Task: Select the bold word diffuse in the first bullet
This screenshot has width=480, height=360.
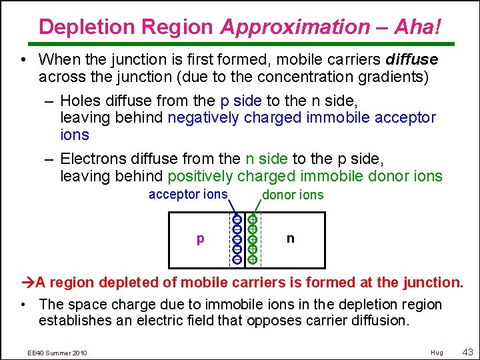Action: tap(411, 59)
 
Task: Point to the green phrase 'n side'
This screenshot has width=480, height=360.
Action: tap(267, 159)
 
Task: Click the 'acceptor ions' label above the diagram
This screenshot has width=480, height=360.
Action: tap(188, 194)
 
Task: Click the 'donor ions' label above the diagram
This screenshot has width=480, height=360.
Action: tap(293, 195)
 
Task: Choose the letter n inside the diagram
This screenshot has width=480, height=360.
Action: tap(290, 238)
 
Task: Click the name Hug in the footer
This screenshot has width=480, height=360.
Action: tap(437, 352)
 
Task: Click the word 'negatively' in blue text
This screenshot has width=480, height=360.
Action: tap(204, 118)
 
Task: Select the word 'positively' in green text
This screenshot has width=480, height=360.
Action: tap(200, 177)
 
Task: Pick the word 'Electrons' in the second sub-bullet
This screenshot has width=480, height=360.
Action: tap(91, 159)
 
